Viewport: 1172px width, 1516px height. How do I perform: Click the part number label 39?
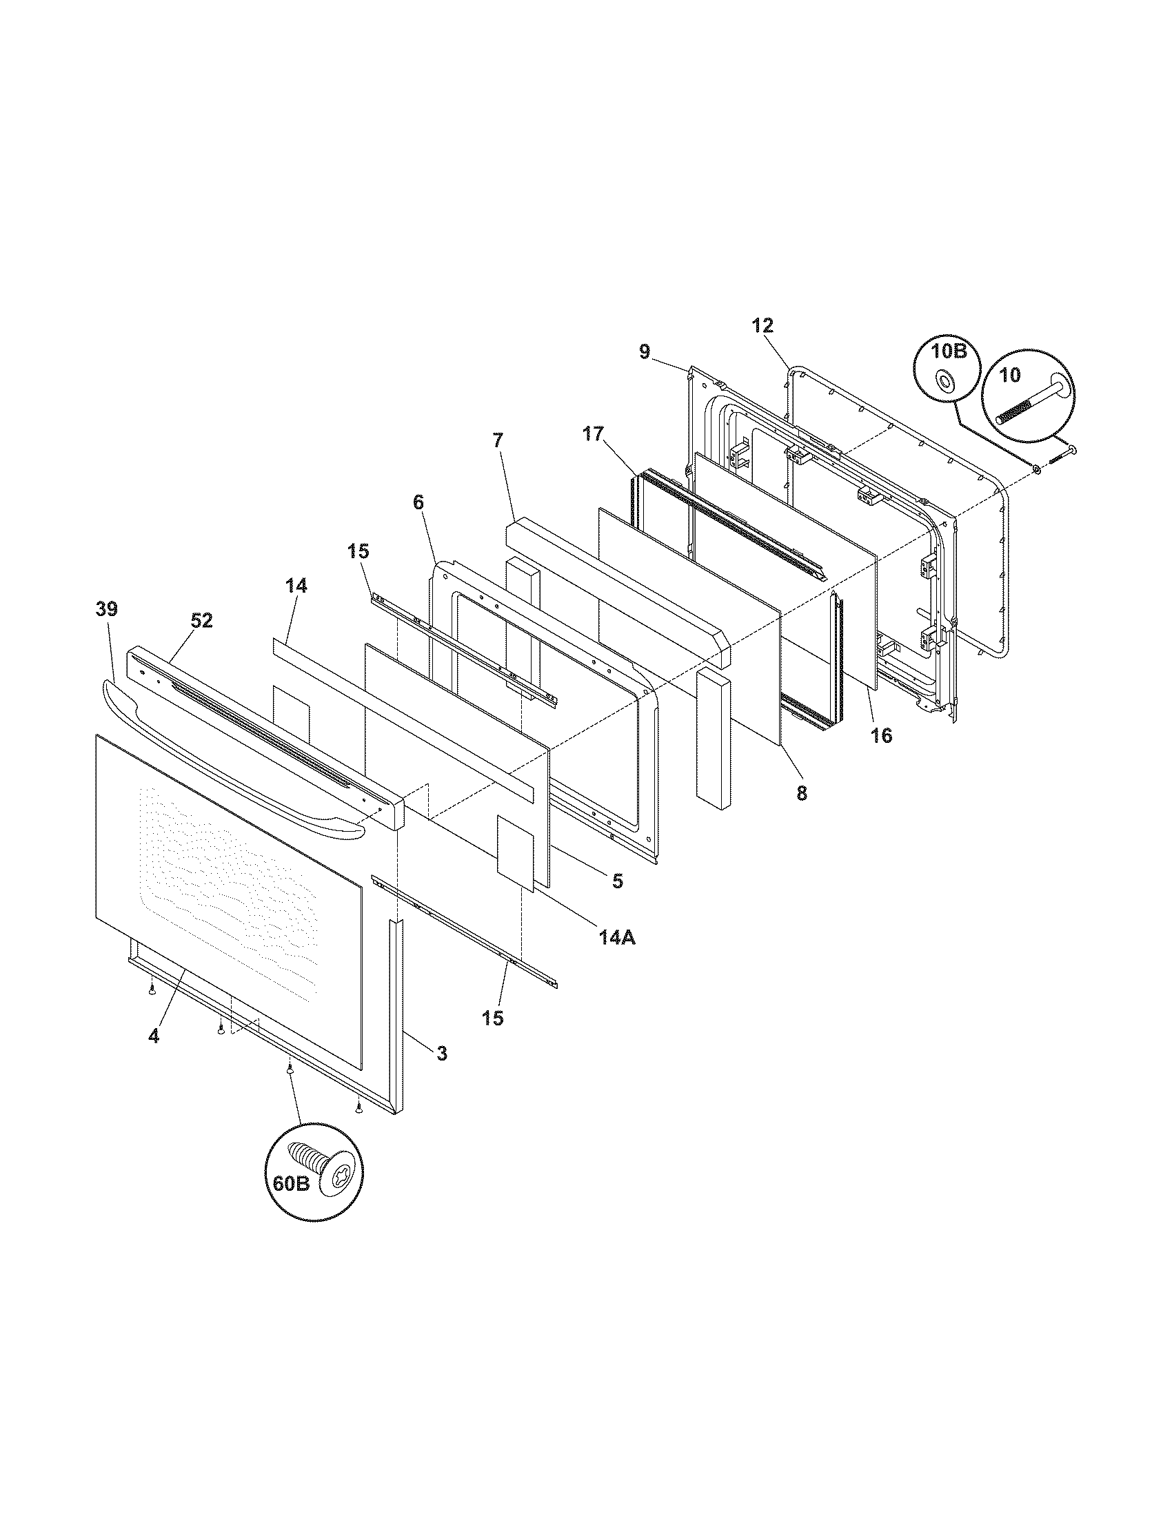[107, 609]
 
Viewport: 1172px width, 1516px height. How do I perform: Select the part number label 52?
[201, 621]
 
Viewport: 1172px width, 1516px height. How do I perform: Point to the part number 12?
[762, 325]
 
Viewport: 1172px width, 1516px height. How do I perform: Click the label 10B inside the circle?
[949, 351]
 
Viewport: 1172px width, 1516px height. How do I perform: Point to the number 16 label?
[881, 735]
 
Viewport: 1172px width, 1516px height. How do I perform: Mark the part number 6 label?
[418, 502]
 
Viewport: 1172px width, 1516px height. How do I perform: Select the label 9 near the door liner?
[645, 352]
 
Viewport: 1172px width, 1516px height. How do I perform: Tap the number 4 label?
[154, 1056]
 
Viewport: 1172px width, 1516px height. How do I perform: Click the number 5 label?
[617, 881]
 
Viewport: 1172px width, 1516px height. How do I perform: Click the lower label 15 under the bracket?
[493, 1018]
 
